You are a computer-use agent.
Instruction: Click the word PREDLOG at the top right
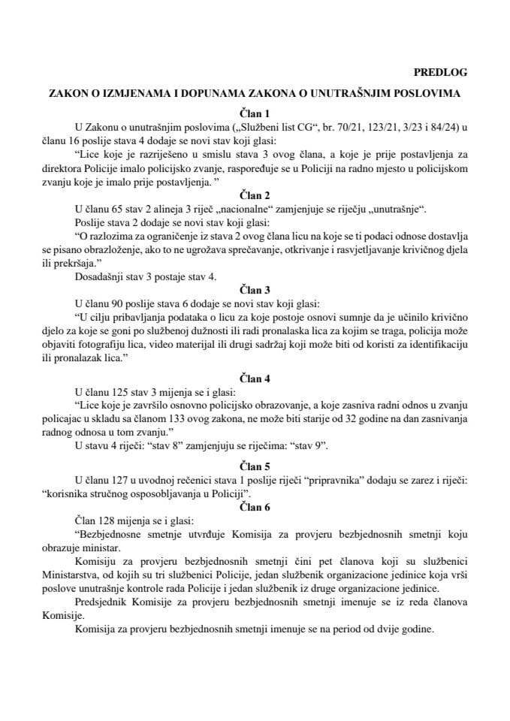[440, 72]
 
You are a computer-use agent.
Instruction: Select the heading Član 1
[255, 113]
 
